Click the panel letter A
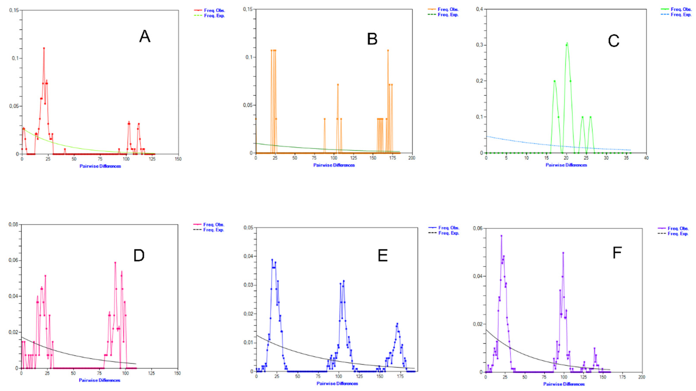pos(145,36)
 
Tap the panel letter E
pos(383,255)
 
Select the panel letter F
pos(617,253)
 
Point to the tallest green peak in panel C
pos(567,43)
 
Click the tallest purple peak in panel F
pos(501,236)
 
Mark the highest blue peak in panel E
pos(272,260)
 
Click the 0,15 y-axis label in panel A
pos(14,10)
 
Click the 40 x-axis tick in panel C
pos(646,158)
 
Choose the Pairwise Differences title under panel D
pos(99,380)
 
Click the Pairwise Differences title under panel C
pos(566,165)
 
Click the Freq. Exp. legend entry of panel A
pos(214,16)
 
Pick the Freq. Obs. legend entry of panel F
pos(678,229)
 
